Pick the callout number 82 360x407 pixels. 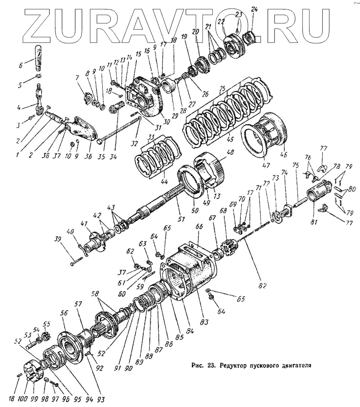tap(261, 285)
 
